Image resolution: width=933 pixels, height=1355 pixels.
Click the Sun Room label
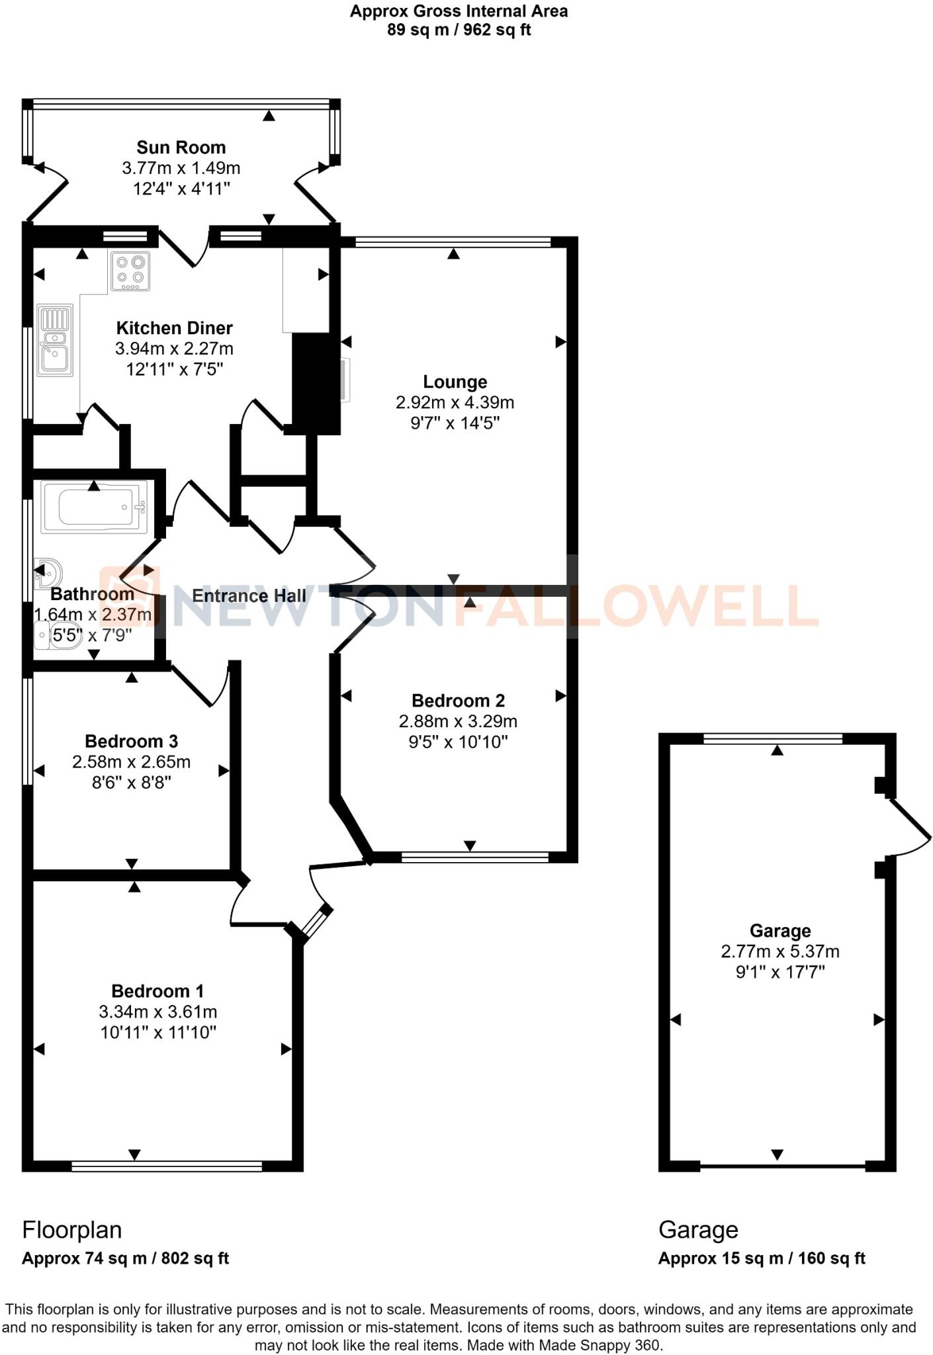click(x=181, y=148)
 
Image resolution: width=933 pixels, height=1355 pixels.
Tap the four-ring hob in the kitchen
click(x=130, y=271)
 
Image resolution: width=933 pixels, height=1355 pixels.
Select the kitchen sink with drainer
click(x=55, y=340)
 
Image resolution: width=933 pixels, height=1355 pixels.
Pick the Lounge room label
click(x=455, y=382)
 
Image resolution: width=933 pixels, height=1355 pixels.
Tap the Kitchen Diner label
click(x=174, y=328)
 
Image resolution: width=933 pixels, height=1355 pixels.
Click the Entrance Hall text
click(x=249, y=596)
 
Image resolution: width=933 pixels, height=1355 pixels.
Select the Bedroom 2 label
click(x=458, y=701)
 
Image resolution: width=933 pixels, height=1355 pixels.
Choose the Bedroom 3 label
click(x=131, y=742)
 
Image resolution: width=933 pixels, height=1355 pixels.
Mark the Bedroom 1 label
click(x=157, y=991)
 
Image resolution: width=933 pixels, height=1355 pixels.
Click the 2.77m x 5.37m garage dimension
click(x=780, y=951)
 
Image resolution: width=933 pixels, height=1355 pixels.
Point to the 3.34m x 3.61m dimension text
click(x=157, y=1012)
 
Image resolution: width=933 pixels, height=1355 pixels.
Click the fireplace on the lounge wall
click(x=345, y=380)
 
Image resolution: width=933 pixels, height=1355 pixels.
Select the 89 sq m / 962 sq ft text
click(x=459, y=30)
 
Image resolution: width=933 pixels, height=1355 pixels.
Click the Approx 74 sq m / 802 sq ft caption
click(x=125, y=1258)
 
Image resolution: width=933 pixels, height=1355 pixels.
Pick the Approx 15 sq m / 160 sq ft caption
click(x=761, y=1258)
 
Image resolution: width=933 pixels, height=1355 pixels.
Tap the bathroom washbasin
click(x=49, y=570)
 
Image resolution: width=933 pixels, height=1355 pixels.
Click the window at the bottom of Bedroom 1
click(x=167, y=1166)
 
